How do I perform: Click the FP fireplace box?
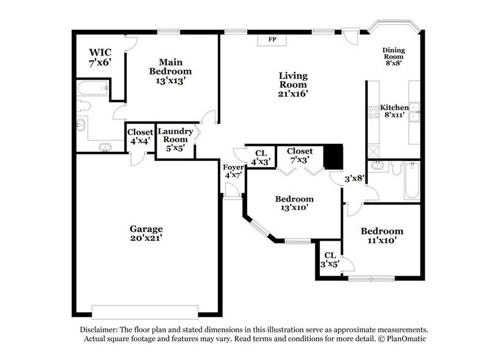[272, 40]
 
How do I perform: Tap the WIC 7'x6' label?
[100, 57]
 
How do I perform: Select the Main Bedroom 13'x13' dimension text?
[170, 81]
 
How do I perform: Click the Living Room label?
[293, 80]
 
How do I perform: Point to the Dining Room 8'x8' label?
[393, 56]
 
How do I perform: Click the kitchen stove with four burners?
[373, 112]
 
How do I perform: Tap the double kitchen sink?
[414, 112]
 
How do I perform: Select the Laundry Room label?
[175, 135]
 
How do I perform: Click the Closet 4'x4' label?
[140, 137]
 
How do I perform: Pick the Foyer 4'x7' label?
[234, 171]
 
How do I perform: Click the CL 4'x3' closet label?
[261, 157]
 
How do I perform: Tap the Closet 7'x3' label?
[300, 155]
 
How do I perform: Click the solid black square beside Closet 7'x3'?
[333, 156]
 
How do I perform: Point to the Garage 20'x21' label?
[146, 233]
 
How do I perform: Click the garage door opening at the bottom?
[145, 312]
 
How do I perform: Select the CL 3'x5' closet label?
[330, 260]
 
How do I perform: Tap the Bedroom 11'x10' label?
[382, 236]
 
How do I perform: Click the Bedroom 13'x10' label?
[294, 203]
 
